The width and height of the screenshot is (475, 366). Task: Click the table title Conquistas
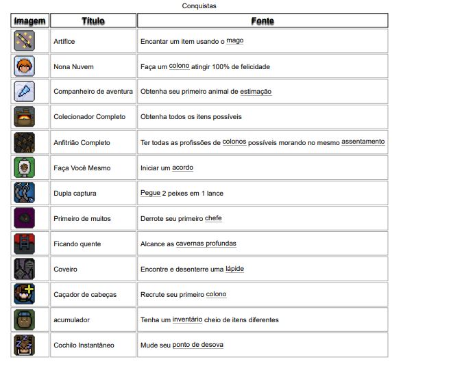[200, 6]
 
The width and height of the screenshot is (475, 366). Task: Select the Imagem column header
[29, 21]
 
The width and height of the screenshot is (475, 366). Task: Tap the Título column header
[93, 21]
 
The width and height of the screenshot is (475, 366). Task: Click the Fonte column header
[263, 21]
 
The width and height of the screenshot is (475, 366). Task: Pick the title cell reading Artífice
[64, 42]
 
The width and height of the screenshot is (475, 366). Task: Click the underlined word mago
[235, 41]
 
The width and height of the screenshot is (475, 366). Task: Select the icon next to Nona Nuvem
[23, 66]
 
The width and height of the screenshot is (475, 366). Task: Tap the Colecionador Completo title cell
[90, 117]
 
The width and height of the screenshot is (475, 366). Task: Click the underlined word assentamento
[363, 142]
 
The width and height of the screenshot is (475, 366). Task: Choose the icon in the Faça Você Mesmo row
[23, 168]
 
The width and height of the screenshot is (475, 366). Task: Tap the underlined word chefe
[214, 218]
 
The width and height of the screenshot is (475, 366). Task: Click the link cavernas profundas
[206, 244]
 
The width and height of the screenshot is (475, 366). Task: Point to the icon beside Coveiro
[23, 269]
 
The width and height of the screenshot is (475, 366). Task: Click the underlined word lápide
[234, 269]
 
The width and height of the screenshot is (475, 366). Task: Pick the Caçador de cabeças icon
[23, 294]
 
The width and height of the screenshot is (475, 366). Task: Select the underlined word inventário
[187, 319]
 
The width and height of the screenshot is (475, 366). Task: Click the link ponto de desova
[197, 345]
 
